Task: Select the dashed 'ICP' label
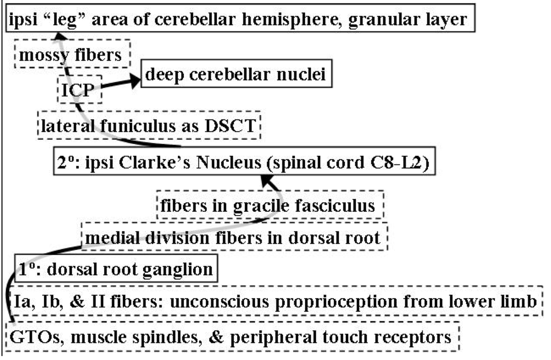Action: (79, 90)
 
